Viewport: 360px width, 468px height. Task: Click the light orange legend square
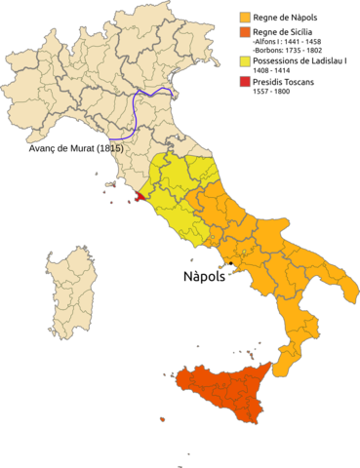(245, 18)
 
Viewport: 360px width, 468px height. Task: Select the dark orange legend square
(245, 32)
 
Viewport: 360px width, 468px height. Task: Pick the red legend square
(245, 80)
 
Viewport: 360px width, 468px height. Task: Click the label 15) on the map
(116, 148)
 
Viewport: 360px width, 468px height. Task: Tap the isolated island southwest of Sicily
(162, 419)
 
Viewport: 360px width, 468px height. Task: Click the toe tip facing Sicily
(276, 374)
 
